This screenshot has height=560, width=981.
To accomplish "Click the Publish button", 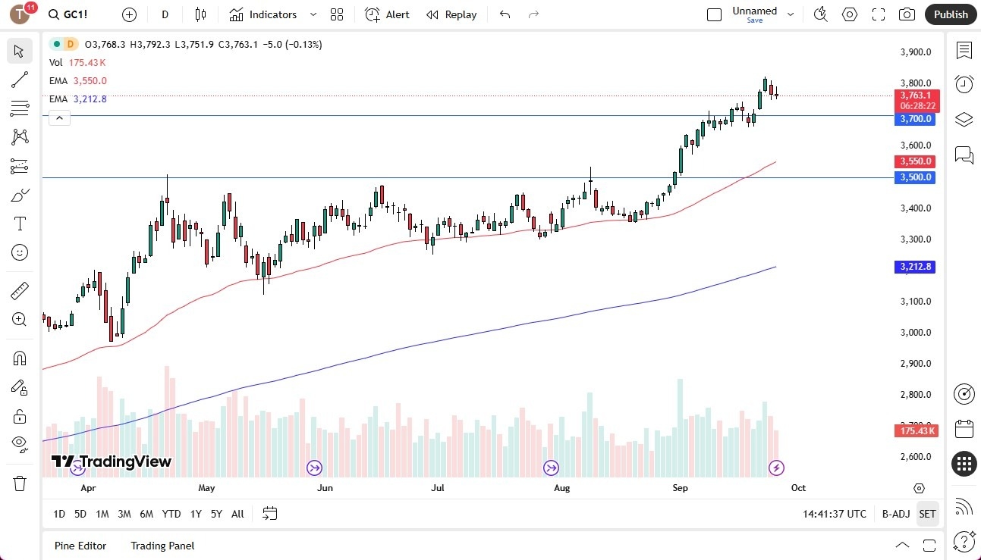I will [951, 14].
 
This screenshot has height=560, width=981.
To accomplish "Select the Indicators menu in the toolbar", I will [272, 14].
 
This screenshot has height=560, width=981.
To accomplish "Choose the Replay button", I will [451, 14].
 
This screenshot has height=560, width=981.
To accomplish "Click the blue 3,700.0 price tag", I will [917, 119].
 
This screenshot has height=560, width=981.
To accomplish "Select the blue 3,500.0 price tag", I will [917, 177].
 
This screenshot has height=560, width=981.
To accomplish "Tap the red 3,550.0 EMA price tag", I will [917, 161].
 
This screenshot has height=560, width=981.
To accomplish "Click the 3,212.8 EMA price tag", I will [917, 267].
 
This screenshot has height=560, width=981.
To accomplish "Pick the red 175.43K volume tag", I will [917, 430].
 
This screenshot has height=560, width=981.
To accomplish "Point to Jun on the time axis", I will [325, 488].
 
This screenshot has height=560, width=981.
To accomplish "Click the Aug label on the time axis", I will [561, 488].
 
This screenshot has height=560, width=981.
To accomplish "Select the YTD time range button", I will [171, 514].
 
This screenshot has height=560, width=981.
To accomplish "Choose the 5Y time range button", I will [216, 514].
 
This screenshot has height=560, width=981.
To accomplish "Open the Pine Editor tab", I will [80, 546].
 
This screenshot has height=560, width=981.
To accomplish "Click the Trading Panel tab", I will [162, 546].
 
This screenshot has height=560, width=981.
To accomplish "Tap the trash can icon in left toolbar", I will [20, 483].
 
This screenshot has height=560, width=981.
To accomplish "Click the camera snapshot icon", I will [907, 14].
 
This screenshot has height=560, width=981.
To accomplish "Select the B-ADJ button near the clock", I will [896, 514].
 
